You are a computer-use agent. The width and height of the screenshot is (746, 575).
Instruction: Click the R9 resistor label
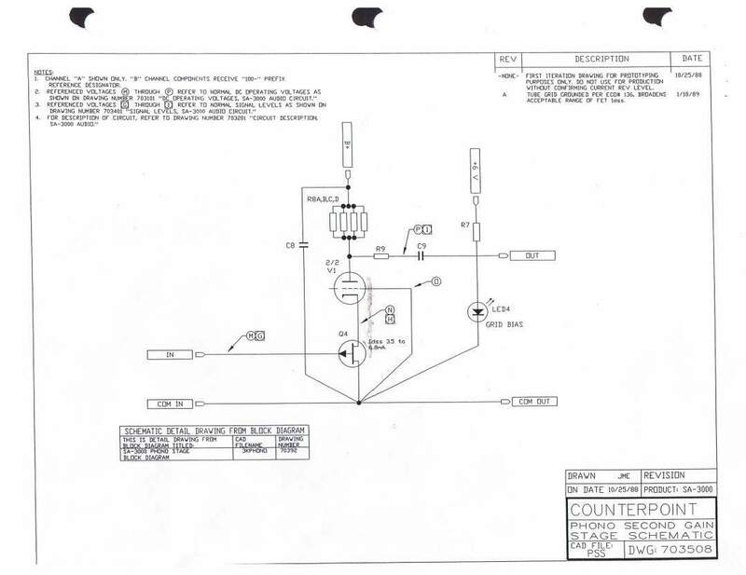[x=380, y=249]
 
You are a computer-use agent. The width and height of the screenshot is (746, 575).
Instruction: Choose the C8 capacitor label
[x=290, y=246]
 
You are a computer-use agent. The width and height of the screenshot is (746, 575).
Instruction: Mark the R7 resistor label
[x=464, y=226]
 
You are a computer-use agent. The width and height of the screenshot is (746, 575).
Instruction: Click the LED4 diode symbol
[x=477, y=308]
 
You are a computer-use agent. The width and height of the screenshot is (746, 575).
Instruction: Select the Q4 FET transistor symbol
[x=351, y=353]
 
